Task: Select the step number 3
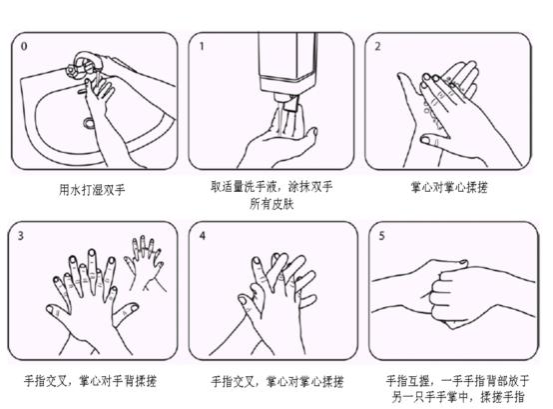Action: point(22,236)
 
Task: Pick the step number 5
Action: point(377,236)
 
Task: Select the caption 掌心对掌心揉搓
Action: point(448,187)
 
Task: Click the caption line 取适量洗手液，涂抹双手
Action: point(272,186)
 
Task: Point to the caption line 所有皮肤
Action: point(272,202)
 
